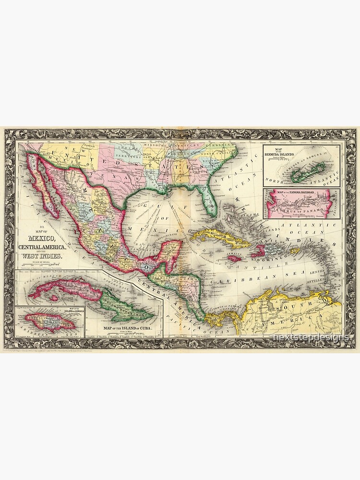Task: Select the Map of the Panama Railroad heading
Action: pyautogui.click(x=294, y=193)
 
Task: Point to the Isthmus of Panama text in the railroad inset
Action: pyautogui.click(x=302, y=207)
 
